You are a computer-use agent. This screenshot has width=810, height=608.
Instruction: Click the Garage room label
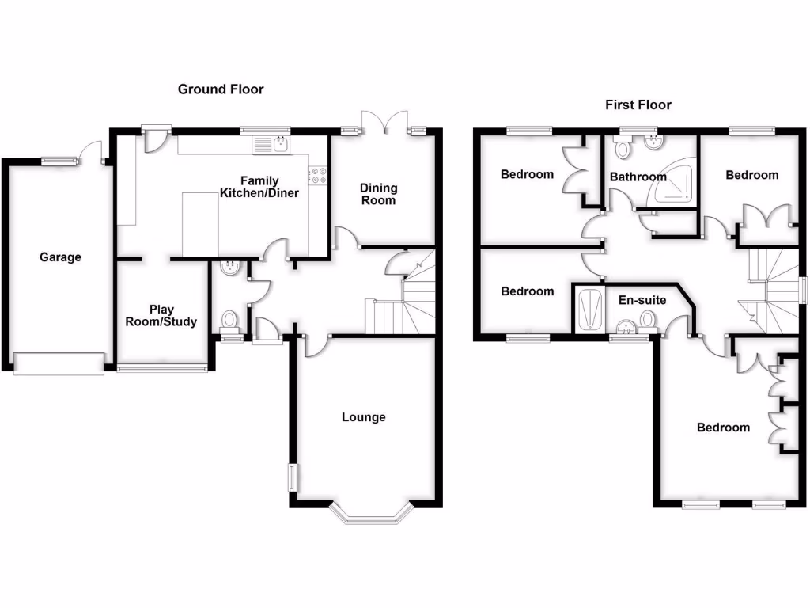click(61, 257)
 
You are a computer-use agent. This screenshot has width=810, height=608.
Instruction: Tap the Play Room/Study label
click(162, 316)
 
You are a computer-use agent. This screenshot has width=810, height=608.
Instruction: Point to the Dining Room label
click(379, 194)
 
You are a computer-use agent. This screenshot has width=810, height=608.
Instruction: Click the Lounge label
click(364, 417)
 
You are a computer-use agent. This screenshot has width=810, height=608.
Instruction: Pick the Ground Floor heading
click(221, 89)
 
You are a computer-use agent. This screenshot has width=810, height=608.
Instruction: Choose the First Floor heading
click(638, 104)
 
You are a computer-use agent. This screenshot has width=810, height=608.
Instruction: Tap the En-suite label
click(642, 301)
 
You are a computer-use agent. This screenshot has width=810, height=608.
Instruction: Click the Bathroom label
click(638, 177)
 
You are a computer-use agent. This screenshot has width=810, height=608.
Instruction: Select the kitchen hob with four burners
click(319, 175)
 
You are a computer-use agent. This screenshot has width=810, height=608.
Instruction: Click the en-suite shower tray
click(590, 311)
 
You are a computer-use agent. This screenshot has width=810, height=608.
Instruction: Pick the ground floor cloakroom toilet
click(230, 320)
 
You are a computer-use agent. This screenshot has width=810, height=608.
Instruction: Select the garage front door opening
click(59, 363)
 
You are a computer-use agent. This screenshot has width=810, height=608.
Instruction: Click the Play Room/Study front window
click(162, 367)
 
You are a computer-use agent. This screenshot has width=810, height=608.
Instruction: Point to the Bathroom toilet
click(623, 149)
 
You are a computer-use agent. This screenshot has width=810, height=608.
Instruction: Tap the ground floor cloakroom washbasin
click(230, 268)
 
